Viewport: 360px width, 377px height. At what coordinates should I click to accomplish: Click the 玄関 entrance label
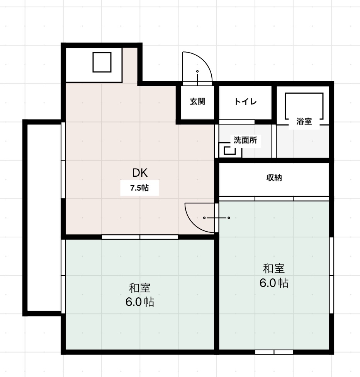(197, 102)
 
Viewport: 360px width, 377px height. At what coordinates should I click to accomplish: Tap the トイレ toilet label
(245, 102)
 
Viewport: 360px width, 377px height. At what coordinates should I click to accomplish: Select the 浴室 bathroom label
(304, 121)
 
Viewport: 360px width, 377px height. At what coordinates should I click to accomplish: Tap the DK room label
(140, 172)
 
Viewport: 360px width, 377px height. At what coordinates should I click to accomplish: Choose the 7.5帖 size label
(139, 188)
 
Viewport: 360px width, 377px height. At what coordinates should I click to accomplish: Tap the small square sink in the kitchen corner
(102, 62)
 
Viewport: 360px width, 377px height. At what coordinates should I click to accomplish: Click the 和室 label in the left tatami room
(139, 288)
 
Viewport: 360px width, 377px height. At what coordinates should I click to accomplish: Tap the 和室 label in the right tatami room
(274, 268)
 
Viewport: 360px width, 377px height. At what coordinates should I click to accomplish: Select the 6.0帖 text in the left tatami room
(139, 302)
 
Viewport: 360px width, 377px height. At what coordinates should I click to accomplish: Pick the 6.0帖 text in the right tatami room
(274, 283)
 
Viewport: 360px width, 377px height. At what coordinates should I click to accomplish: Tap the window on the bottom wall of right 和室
(274, 352)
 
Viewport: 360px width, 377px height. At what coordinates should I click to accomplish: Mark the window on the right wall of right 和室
(331, 275)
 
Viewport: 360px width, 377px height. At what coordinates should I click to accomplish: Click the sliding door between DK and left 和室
(140, 237)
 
